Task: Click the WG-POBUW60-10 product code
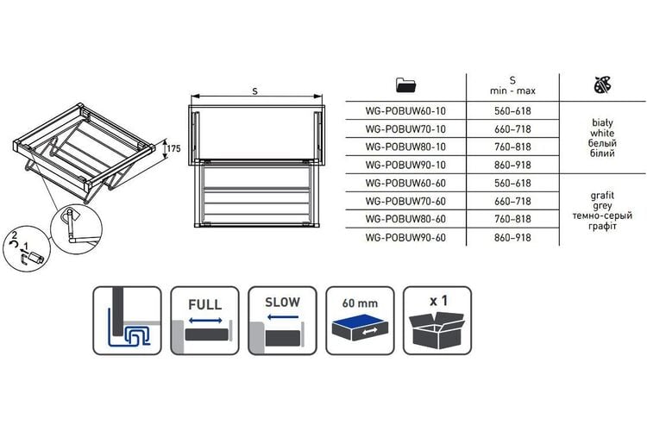pyautogui.click(x=405, y=111)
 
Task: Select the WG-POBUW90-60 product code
pyautogui.click(x=405, y=238)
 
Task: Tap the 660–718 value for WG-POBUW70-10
pyautogui.click(x=512, y=129)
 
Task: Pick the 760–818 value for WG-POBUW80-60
pyautogui.click(x=512, y=219)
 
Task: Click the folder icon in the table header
pyautogui.click(x=405, y=84)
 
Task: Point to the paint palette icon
pyautogui.click(x=602, y=84)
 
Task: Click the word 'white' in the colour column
pyautogui.click(x=602, y=134)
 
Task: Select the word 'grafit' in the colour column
pyautogui.click(x=602, y=195)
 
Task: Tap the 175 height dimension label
pyautogui.click(x=173, y=148)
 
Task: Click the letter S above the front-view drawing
pyautogui.click(x=255, y=91)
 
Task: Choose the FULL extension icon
pyautogui.click(x=204, y=321)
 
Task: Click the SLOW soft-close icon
pyautogui.click(x=282, y=321)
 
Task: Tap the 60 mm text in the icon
pyautogui.click(x=360, y=303)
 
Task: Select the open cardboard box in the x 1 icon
pyautogui.click(x=437, y=330)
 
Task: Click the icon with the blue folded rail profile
pyautogui.click(x=127, y=321)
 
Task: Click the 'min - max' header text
pyautogui.click(x=512, y=91)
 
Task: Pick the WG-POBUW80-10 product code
pyautogui.click(x=405, y=147)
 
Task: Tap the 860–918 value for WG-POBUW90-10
pyautogui.click(x=512, y=165)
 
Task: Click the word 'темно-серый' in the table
pyautogui.click(x=602, y=215)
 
